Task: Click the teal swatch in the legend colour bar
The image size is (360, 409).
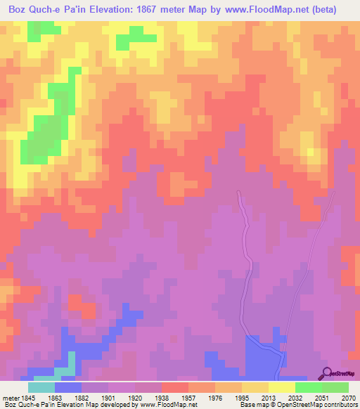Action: click(x=41, y=387)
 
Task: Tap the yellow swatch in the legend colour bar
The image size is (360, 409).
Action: click(x=281, y=387)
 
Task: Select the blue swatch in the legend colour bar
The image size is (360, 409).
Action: click(x=68, y=387)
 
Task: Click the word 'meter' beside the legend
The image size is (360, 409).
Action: click(x=9, y=397)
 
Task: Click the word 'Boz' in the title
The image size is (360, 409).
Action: click(x=15, y=9)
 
